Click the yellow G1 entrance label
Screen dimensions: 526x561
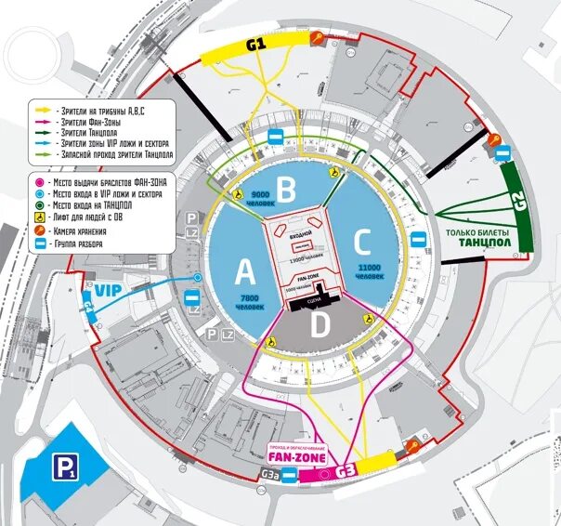255,44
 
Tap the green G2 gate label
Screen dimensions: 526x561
515,204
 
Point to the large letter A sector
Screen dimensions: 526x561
244,271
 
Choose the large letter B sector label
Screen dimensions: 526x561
288,191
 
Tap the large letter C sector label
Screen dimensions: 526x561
362,243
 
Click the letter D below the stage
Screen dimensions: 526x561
320,326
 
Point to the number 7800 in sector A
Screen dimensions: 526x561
250,297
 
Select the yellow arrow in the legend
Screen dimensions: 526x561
43,110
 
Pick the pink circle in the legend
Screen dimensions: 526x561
38,182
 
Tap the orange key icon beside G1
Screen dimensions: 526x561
318,38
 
